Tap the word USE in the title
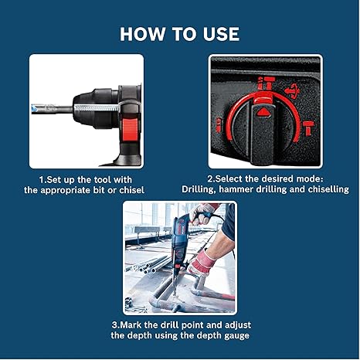[218, 34]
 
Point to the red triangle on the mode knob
[265, 111]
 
